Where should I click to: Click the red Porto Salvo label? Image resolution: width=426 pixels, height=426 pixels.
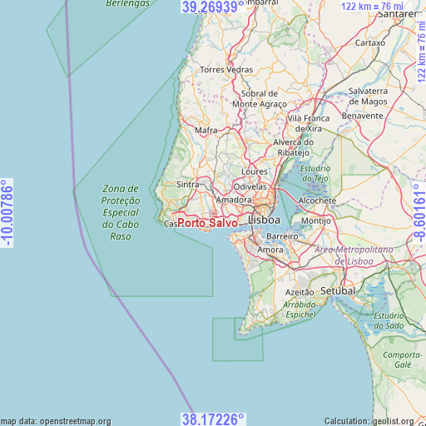pyautogui.click(x=206, y=223)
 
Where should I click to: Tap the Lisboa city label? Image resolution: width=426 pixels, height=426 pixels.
pyautogui.click(x=265, y=220)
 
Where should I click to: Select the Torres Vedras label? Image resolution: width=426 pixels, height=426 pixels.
pyautogui.click(x=226, y=70)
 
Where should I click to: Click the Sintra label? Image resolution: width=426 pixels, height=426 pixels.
pyautogui.click(x=188, y=185)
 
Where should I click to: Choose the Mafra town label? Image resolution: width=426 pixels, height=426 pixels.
pyautogui.click(x=206, y=131)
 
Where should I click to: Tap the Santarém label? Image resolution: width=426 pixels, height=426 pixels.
pyautogui.click(x=399, y=15)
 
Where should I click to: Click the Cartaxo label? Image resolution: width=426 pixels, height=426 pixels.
pyautogui.click(x=370, y=42)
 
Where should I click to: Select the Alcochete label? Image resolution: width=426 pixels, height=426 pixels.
pyautogui.click(x=317, y=201)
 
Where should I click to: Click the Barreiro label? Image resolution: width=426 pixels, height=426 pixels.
pyautogui.click(x=283, y=236)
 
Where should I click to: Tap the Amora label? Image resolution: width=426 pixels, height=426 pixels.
pyautogui.click(x=271, y=250)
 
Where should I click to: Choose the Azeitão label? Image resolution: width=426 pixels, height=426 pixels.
pyautogui.click(x=300, y=293)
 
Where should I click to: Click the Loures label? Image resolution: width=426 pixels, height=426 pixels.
pyautogui.click(x=254, y=172)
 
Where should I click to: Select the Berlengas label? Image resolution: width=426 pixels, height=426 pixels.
pyautogui.click(x=128, y=4)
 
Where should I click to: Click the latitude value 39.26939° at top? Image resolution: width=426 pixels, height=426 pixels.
pyautogui.click(x=213, y=7)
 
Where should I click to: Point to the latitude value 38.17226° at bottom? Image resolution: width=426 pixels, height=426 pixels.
pyautogui.click(x=213, y=419)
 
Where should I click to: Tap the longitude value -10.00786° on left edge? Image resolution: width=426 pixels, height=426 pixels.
pyautogui.click(x=7, y=213)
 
